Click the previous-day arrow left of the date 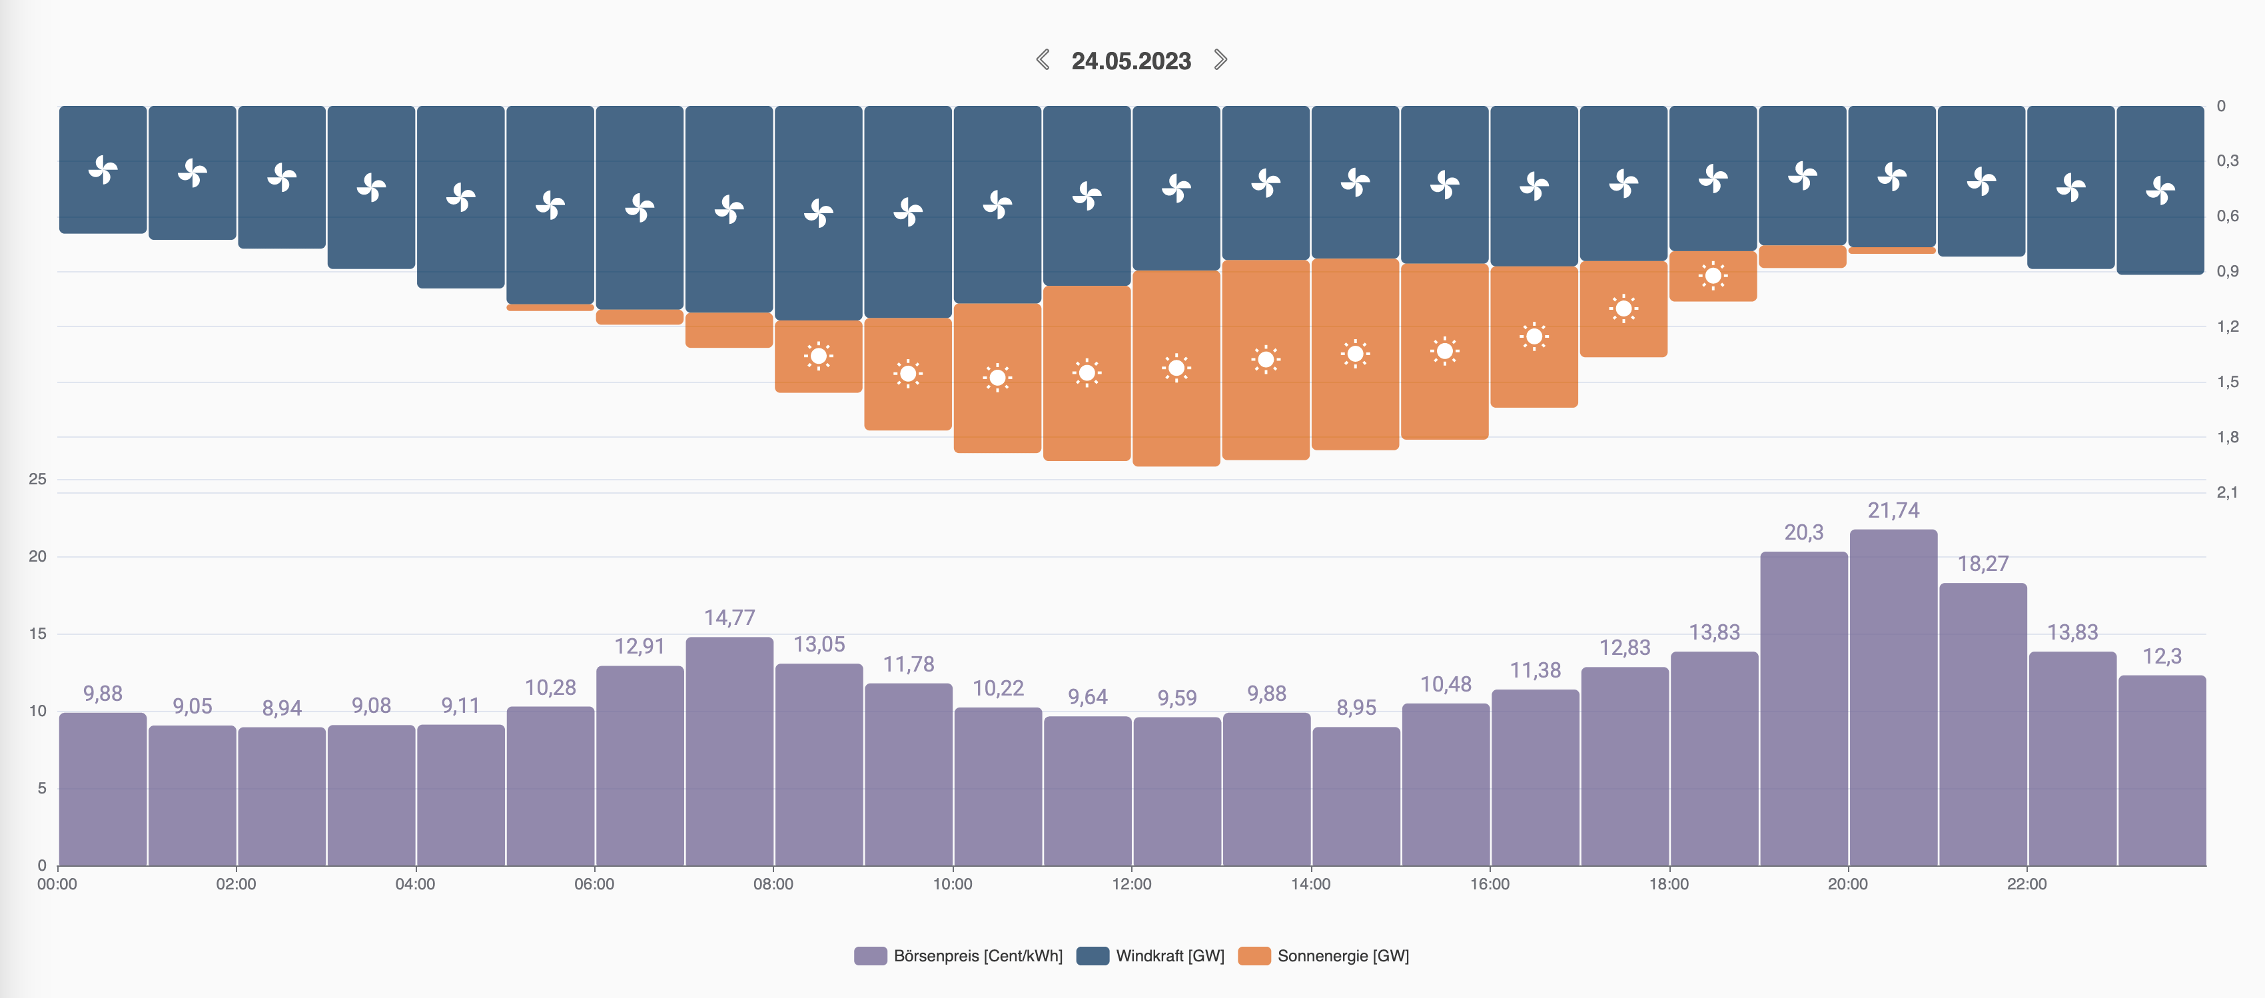tap(1043, 60)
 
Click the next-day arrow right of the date tap(1220, 60)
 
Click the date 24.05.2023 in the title tap(1131, 61)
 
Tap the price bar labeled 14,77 tap(729, 751)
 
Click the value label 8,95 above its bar tap(1356, 708)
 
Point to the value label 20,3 tap(1803, 532)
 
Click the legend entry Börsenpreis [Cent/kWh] tap(959, 956)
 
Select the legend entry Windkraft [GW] tap(1151, 956)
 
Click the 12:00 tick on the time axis tap(1132, 883)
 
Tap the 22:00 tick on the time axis tap(2027, 883)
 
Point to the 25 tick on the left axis tap(37, 479)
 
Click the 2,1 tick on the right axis tap(2227, 492)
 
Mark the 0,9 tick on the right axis tap(2227, 271)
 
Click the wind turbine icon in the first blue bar tap(103, 170)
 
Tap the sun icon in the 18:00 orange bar tap(1713, 276)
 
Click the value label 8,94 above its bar tap(281, 708)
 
